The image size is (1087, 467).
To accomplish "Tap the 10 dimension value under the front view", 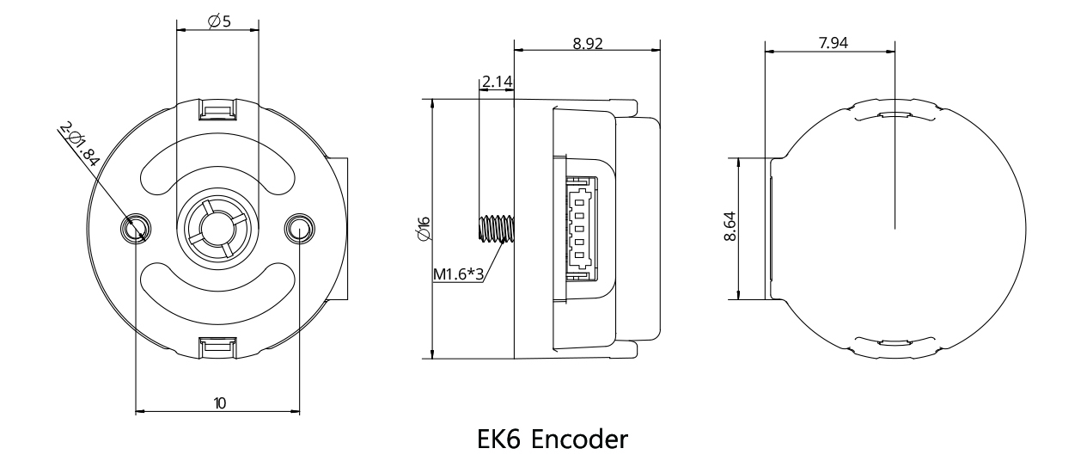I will click(220, 402).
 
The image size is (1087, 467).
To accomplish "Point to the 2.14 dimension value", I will click(497, 82).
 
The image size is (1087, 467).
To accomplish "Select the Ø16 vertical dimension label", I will click(424, 229).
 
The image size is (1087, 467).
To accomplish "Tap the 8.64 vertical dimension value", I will click(730, 229).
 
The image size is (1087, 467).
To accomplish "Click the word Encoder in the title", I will click(578, 439).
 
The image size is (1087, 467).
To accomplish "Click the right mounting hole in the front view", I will click(299, 228).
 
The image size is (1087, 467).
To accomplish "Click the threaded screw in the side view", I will click(494, 228).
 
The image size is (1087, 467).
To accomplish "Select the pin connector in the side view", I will click(578, 228).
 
